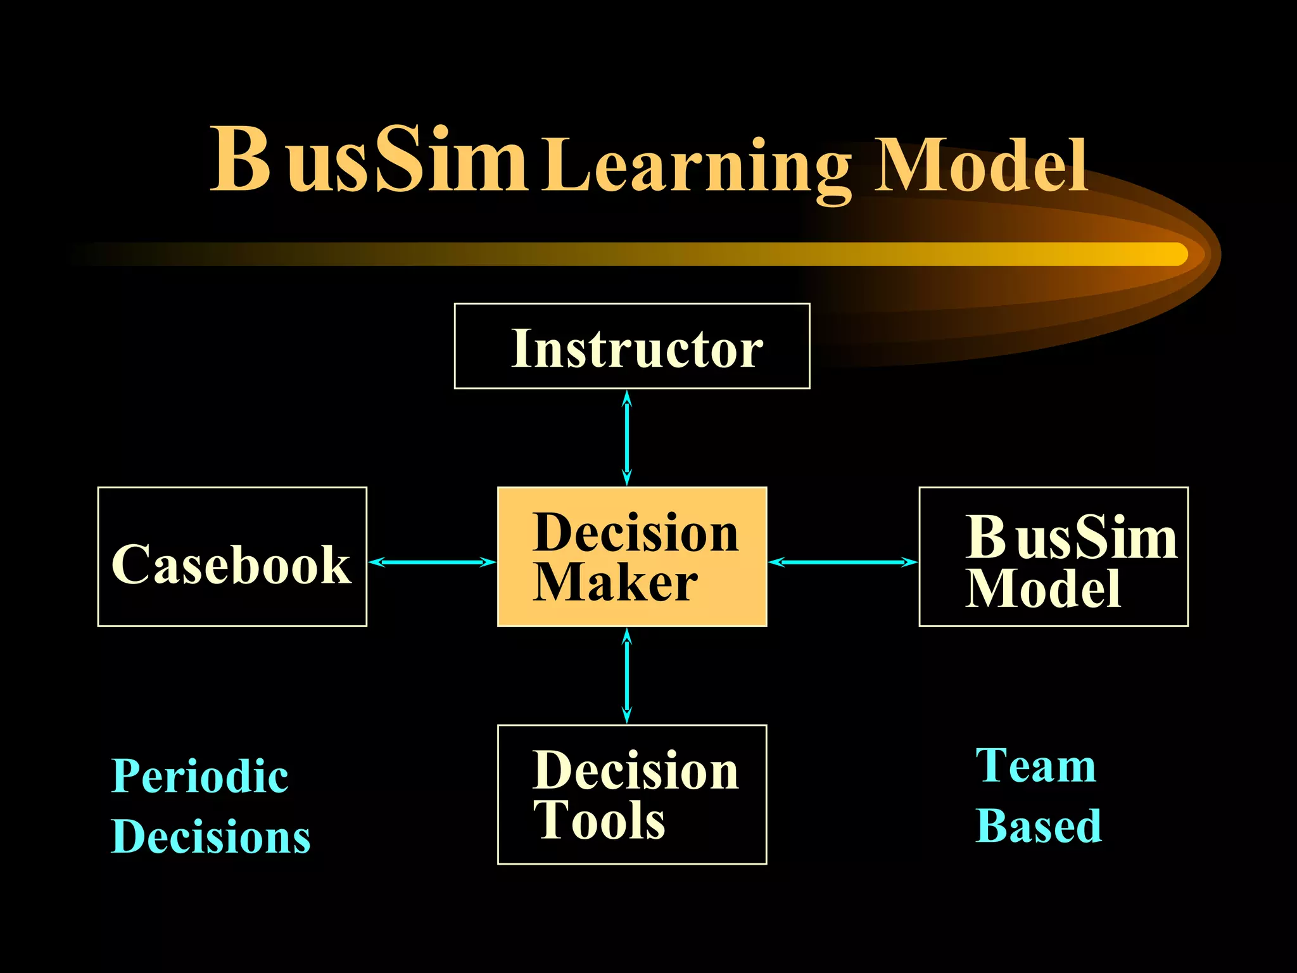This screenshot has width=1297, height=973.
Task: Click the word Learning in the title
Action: click(697, 166)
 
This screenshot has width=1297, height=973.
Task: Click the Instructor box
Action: click(632, 347)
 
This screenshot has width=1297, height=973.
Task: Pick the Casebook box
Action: click(232, 557)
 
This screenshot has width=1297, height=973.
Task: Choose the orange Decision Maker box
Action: click(632, 557)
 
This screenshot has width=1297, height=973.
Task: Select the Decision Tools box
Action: click(632, 795)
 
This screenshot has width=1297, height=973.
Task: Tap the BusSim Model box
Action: click(1053, 557)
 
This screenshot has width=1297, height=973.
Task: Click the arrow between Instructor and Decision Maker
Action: click(627, 438)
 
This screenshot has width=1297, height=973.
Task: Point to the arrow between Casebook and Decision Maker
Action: click(432, 562)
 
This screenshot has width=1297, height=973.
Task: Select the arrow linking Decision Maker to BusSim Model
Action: click(842, 562)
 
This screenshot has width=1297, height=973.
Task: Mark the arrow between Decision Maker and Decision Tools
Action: click(627, 676)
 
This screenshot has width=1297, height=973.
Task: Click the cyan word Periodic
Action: click(199, 777)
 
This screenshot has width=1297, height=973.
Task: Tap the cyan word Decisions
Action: click(210, 837)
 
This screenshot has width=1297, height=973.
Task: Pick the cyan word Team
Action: click(1035, 765)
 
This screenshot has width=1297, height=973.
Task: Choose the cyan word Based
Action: click(1039, 826)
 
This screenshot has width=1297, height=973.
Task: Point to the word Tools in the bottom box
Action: click(599, 820)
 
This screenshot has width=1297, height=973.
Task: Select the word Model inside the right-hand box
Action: click(1043, 588)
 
